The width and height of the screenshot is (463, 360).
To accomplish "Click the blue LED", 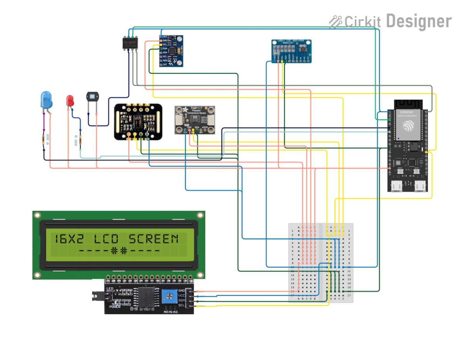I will coord(46,100).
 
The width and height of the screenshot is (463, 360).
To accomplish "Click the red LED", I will coord(70,101).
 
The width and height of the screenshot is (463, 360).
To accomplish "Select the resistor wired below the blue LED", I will coord(44,140).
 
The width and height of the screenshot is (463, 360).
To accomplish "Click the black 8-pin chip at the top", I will coord(130,42).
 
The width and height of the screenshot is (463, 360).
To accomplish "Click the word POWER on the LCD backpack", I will coord(115,307).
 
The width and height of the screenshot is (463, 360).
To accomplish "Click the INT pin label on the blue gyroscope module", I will coord(165,65).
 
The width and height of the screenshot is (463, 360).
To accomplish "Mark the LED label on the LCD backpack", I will coord(110,289).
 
